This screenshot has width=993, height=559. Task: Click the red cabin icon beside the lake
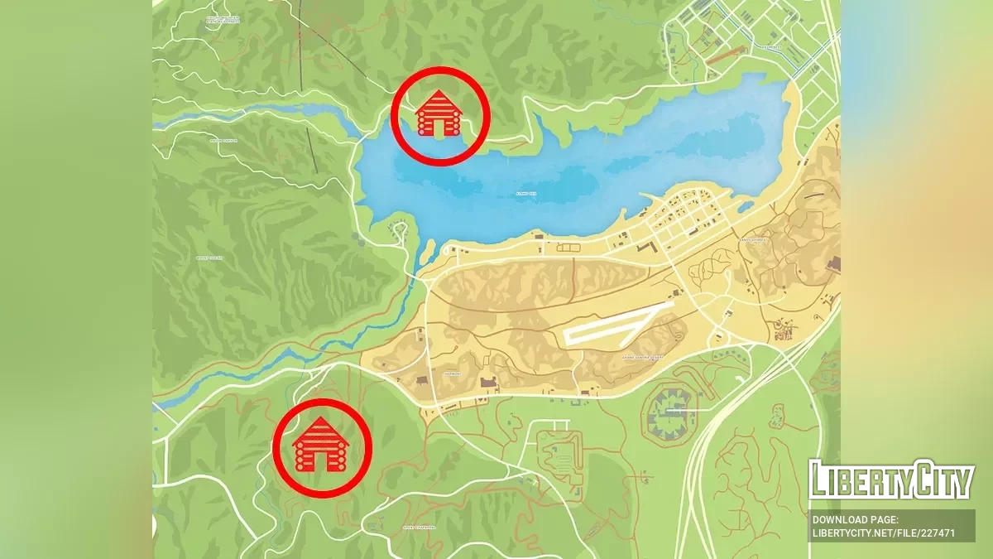pos(438,115)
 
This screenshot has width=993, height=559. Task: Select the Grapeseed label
pos(770,48)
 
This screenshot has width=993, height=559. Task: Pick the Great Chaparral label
pos(419,527)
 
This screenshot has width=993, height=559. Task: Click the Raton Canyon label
pos(223,141)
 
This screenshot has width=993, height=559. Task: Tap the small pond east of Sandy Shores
pos(744,206)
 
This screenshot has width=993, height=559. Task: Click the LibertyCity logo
pos(891,479)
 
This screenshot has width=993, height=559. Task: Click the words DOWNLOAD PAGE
pos(853,519)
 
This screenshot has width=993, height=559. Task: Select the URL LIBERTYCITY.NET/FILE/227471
pos(884,532)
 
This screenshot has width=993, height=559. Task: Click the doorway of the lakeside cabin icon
pos(439,127)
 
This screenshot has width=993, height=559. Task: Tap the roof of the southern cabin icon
pos(321,429)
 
